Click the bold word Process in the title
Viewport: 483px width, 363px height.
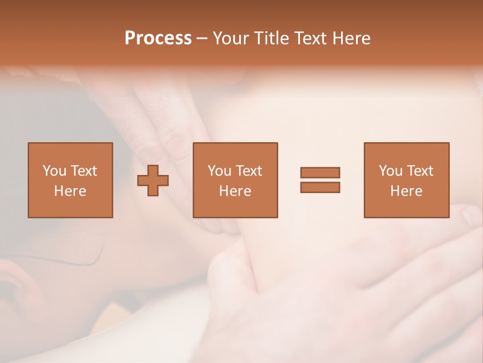pyautogui.click(x=158, y=38)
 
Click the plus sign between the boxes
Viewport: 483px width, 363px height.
pyautogui.click(x=153, y=180)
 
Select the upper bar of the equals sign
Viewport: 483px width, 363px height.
pyautogui.click(x=320, y=172)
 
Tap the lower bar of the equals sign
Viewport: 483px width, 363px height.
pyautogui.click(x=320, y=188)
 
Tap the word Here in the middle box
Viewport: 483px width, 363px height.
pyautogui.click(x=235, y=191)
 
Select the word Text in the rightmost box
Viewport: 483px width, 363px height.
pyautogui.click(x=420, y=171)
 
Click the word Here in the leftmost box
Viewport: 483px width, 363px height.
pyautogui.click(x=70, y=191)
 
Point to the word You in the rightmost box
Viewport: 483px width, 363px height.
pyautogui.click(x=391, y=171)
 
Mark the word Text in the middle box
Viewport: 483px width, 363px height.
pyautogui.click(x=249, y=171)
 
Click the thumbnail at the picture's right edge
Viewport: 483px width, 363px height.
pyautogui.click(x=473, y=214)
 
